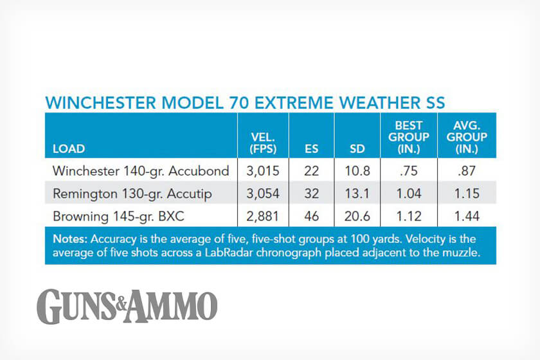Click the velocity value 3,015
[x=263, y=171]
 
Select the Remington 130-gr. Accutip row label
[x=132, y=194]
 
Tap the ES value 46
[x=311, y=217]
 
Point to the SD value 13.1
[x=357, y=194]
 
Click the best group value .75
[x=409, y=171]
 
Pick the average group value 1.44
[x=467, y=217]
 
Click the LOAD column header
[x=69, y=149]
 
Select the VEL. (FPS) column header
[x=263, y=143]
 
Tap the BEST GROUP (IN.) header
[x=409, y=137]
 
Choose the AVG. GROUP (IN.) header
[x=467, y=137]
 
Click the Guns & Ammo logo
[x=127, y=306]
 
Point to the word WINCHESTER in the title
[x=100, y=103]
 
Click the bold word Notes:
[x=70, y=239]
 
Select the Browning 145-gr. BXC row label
[x=118, y=217]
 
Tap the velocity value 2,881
[x=263, y=217]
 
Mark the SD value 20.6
[x=357, y=217]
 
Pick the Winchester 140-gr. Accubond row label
[x=141, y=171]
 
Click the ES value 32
[x=311, y=194]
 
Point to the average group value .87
[x=467, y=171]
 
